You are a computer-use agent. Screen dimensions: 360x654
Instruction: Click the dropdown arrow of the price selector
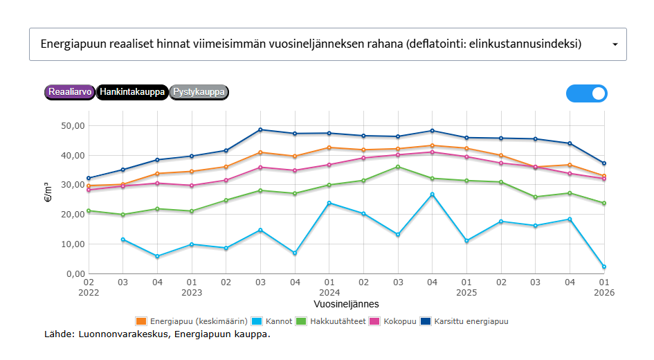[x=615, y=44]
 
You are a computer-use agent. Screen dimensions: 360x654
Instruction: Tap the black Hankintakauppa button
[x=131, y=92]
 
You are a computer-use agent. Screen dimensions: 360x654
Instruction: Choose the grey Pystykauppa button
[x=199, y=92]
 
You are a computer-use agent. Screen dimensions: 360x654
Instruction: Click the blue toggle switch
[x=587, y=93]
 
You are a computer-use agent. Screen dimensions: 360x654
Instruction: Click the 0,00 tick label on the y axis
[x=72, y=274]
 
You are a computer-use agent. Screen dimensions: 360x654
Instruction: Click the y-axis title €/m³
[x=46, y=192]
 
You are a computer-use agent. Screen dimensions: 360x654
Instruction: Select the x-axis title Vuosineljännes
[x=346, y=304]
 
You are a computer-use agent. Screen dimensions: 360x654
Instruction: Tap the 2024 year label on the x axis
[x=329, y=293]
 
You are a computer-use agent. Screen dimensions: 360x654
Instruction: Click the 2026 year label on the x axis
[x=603, y=293]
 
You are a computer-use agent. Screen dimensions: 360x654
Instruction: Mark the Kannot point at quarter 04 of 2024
[x=432, y=195]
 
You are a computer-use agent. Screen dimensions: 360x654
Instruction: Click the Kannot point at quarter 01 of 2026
[x=603, y=267]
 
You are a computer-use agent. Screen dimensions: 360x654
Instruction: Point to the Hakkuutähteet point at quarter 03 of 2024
[x=398, y=167]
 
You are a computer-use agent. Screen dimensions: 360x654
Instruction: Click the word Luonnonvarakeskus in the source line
[x=122, y=335]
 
